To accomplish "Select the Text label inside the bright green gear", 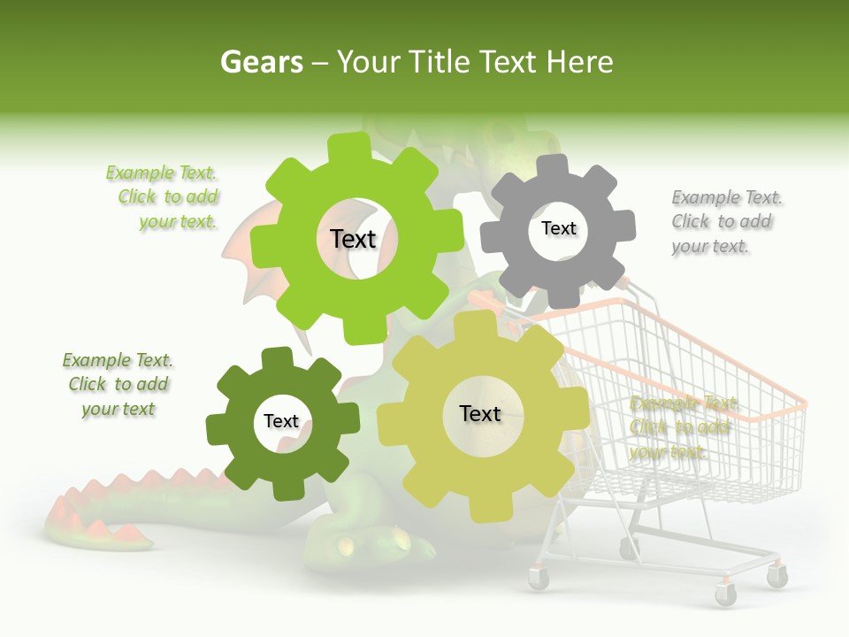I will (x=353, y=239).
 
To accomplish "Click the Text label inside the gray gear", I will (x=558, y=228).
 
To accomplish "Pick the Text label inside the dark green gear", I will (x=281, y=421).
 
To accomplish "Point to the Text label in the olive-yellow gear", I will (x=480, y=413).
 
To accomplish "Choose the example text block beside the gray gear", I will (x=726, y=221).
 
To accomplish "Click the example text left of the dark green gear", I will (x=119, y=384).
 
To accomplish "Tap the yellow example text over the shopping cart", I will (x=681, y=427).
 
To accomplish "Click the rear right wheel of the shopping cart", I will (x=777, y=577).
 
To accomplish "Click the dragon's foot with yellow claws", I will (x=380, y=539).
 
